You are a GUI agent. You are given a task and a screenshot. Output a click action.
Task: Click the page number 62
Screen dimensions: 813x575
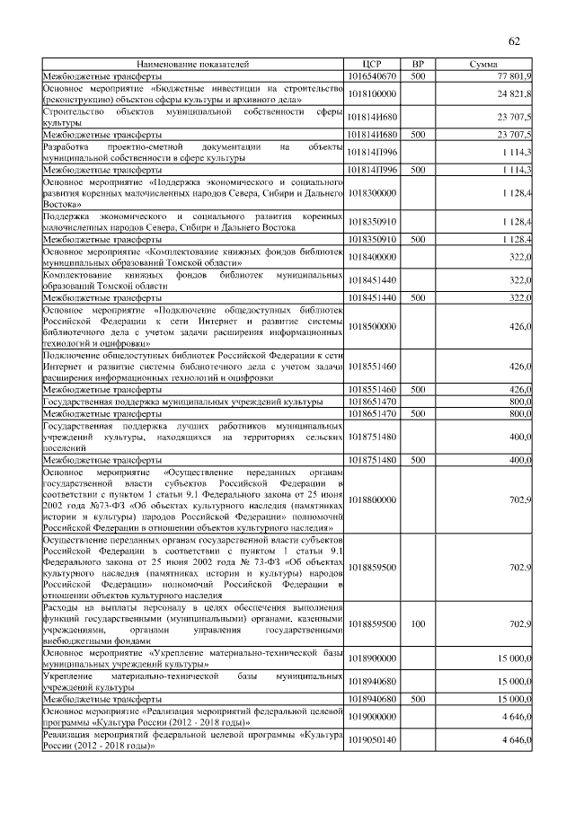pyautogui.click(x=515, y=41)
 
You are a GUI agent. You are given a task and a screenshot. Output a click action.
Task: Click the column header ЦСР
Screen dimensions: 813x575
pyautogui.click(x=372, y=65)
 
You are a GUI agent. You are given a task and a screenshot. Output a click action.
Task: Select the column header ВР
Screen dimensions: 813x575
pyautogui.click(x=417, y=65)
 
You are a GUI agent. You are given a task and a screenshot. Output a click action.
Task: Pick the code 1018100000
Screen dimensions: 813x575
pyautogui.click(x=372, y=93)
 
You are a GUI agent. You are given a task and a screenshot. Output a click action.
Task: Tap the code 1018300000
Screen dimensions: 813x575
pyautogui.click(x=372, y=192)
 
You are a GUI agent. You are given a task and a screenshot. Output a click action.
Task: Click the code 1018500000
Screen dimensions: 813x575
pyautogui.click(x=372, y=326)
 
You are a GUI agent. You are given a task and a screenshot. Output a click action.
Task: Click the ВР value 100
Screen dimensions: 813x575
pyautogui.click(x=417, y=622)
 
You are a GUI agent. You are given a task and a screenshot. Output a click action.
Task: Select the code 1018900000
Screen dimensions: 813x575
pyautogui.click(x=372, y=658)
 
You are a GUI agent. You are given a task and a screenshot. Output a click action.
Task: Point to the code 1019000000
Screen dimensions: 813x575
pyautogui.click(x=372, y=716)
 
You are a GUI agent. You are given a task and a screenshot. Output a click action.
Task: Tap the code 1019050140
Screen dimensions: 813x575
pyautogui.click(x=372, y=739)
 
